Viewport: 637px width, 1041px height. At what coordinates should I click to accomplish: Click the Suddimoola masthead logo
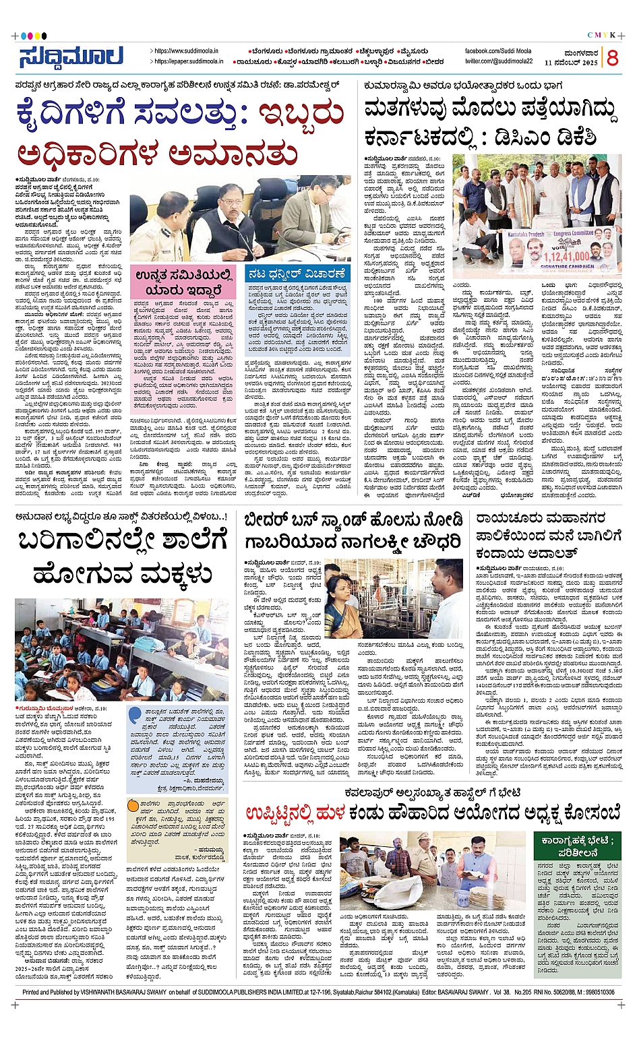point(70,57)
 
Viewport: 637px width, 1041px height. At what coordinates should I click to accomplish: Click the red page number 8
point(612,58)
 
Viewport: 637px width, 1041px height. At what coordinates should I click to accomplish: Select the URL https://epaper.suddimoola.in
point(189,61)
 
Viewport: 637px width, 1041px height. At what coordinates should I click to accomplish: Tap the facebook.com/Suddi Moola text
point(497,51)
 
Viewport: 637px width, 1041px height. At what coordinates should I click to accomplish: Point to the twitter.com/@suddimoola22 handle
point(499,61)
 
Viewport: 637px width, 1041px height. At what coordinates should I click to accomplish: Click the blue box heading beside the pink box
point(297,274)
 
